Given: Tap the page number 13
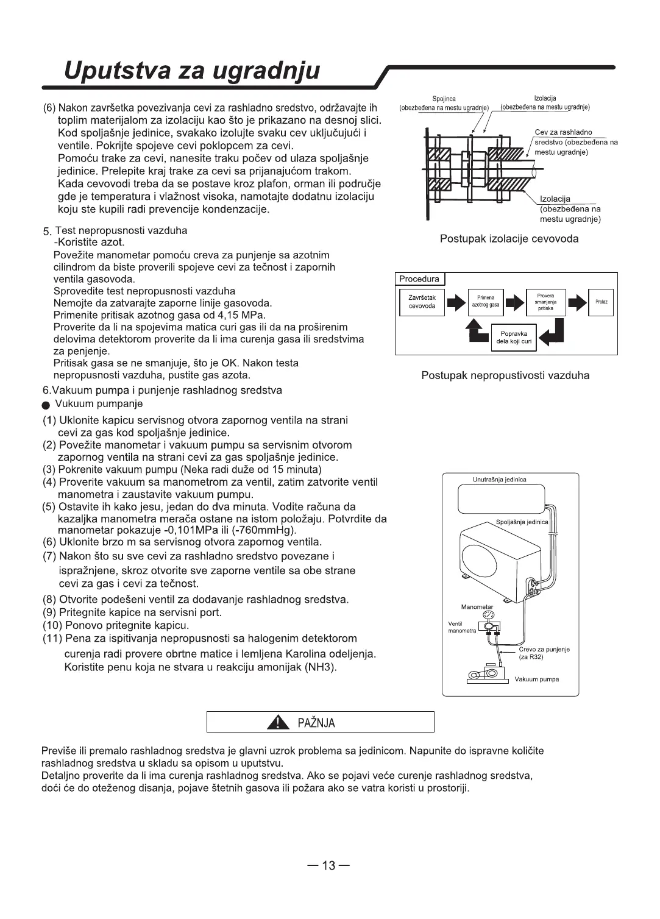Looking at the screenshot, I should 329,865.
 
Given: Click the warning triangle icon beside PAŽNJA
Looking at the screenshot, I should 278,723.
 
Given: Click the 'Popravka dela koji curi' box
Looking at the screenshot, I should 514,338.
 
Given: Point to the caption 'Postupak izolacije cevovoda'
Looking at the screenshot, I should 509,239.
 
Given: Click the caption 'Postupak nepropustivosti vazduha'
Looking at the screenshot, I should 505,375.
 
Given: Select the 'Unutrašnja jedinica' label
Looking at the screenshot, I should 499,480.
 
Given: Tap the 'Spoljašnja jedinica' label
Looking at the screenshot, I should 522,522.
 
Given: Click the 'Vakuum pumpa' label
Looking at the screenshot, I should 536,679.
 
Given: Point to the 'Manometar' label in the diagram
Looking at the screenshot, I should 477,607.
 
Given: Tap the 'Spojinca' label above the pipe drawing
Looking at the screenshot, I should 444,99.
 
